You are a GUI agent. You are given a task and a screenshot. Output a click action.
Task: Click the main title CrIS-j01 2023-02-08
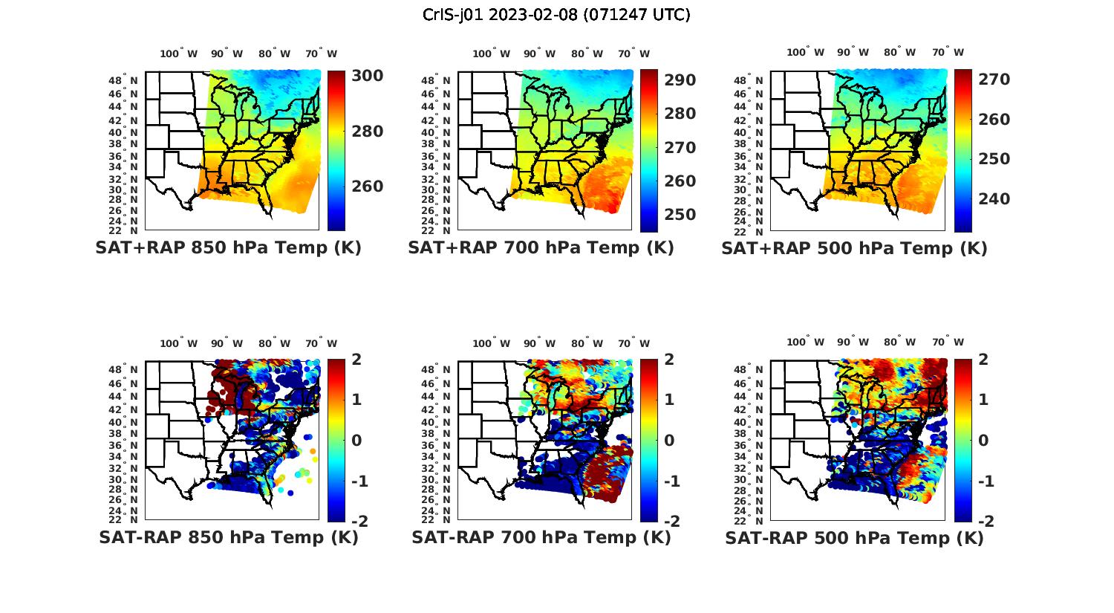[556, 14]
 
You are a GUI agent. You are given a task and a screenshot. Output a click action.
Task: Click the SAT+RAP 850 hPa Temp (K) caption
[228, 247]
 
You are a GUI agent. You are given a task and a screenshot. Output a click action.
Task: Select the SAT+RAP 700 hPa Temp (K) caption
[541, 247]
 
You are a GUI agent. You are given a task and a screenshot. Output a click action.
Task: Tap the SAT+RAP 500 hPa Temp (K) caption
[854, 248]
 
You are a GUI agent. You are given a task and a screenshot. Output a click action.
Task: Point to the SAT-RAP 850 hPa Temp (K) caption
[228, 537]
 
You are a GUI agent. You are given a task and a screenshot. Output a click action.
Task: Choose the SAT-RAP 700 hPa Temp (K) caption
[541, 537]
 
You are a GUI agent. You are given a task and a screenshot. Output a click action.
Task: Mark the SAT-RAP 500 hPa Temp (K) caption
[854, 538]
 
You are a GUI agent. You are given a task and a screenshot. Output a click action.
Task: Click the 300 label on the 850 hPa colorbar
[367, 76]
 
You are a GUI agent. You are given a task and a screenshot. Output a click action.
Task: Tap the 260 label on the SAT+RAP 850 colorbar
[367, 186]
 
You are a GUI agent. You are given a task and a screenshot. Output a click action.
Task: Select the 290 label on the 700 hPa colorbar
[680, 80]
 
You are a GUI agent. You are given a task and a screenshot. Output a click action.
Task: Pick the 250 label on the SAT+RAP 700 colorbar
[680, 215]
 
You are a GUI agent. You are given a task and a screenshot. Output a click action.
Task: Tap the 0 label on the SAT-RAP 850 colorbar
[356, 440]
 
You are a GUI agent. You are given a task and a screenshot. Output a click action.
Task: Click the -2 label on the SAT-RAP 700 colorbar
[669, 522]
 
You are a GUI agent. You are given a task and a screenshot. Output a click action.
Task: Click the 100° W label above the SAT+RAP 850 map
[178, 53]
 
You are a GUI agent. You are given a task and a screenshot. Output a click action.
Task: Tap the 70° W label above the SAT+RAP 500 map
[948, 52]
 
